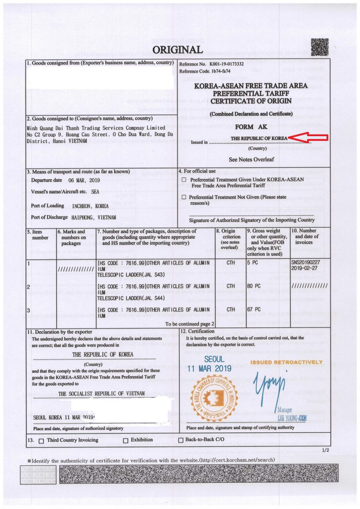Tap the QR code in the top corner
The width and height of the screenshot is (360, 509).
coord(320,47)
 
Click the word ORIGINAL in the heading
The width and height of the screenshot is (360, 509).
coord(178,50)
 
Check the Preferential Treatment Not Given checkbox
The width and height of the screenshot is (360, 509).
coord(184,197)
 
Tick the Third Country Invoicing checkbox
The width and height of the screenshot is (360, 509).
coord(41,441)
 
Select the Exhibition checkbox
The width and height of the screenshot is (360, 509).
coord(126,441)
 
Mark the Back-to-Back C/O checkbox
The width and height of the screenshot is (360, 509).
coord(180,440)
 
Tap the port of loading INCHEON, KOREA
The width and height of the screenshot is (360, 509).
coord(89,206)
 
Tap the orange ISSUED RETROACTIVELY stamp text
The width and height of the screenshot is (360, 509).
coord(286,363)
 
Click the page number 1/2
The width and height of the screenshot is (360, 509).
coord(325,450)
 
